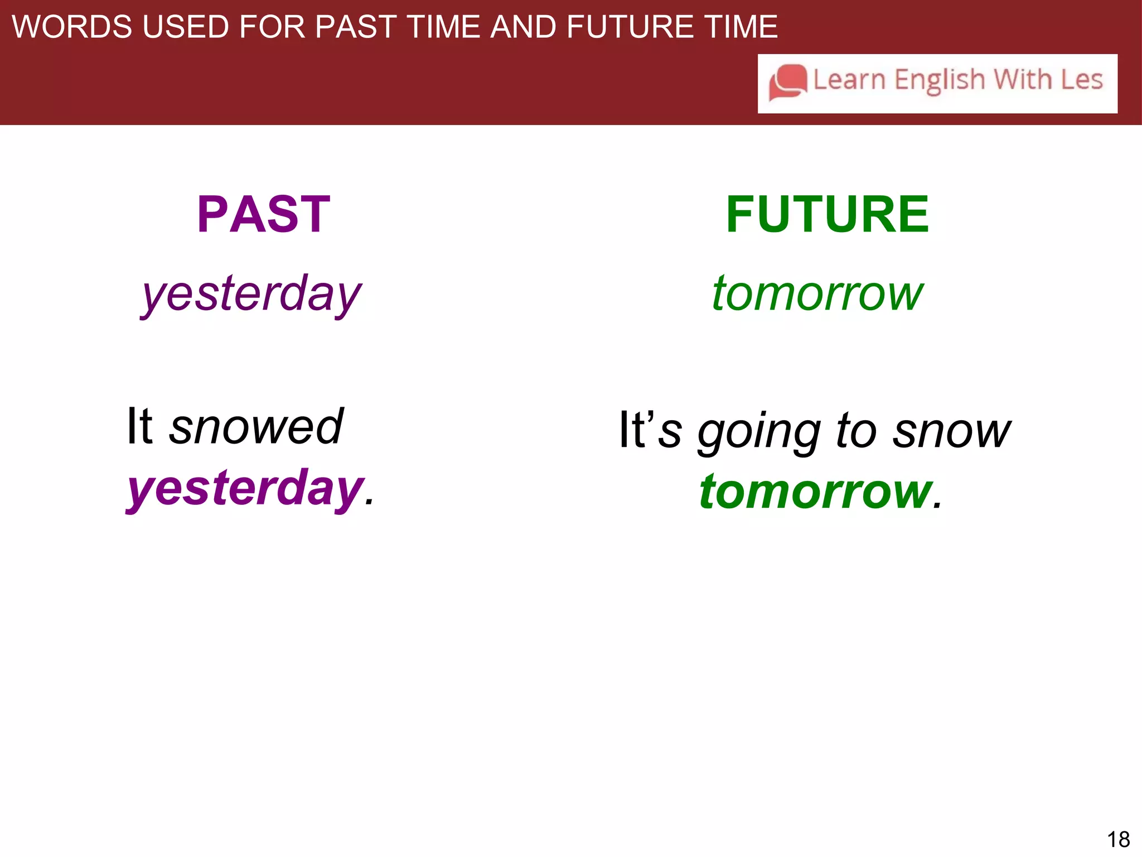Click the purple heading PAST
(x=264, y=214)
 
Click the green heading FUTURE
(x=827, y=214)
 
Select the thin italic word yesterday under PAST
(x=251, y=294)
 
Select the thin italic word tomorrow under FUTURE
(x=817, y=294)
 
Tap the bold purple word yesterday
(x=246, y=489)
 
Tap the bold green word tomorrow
(x=816, y=492)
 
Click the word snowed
(x=256, y=427)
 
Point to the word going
(x=759, y=432)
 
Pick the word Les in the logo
(x=1081, y=80)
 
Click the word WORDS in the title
(x=72, y=27)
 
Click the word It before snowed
(x=139, y=427)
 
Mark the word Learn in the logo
(x=849, y=80)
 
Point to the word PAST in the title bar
(x=355, y=27)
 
